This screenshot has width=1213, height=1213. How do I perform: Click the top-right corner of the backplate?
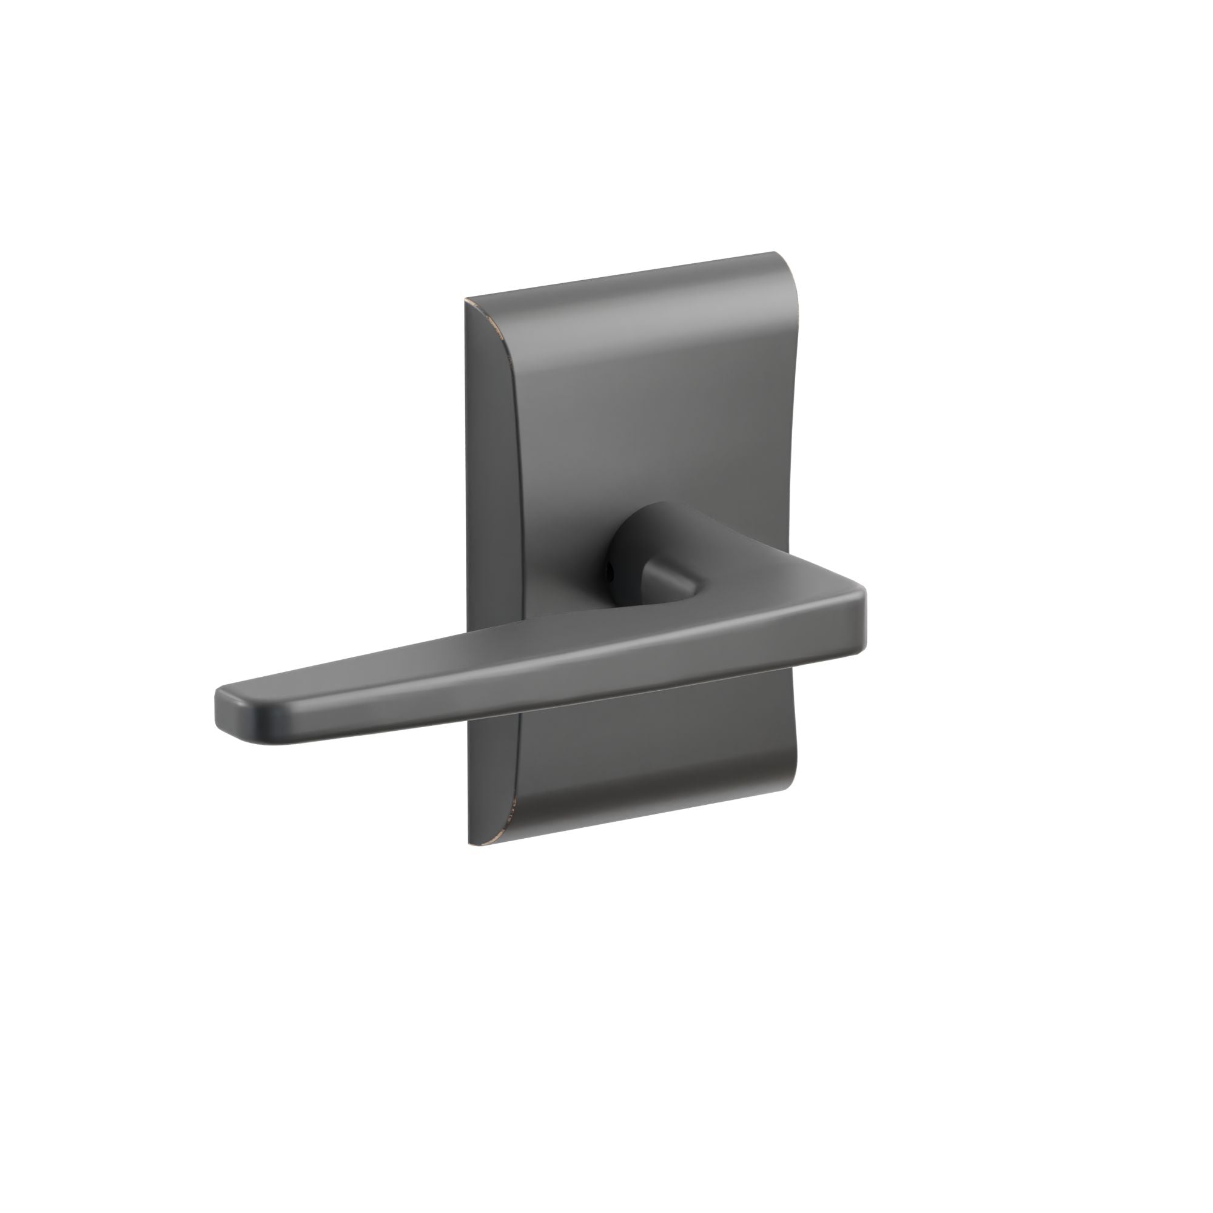pyautogui.click(x=778, y=254)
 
